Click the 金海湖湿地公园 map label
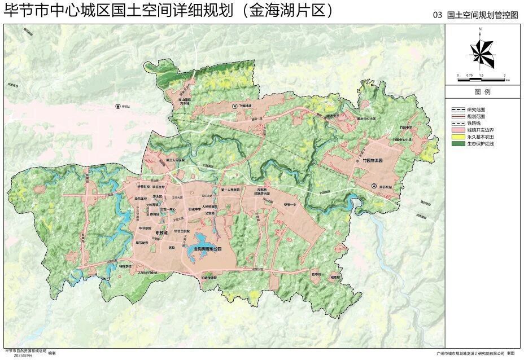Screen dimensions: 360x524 coord(208,248)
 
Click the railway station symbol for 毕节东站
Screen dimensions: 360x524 coord(373,186)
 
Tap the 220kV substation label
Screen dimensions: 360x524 coord(148,273)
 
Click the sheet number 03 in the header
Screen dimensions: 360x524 coord(437,15)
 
